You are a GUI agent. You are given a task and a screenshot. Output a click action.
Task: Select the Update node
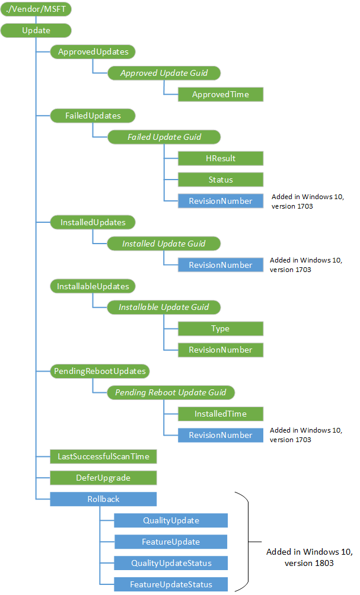pos(36,30)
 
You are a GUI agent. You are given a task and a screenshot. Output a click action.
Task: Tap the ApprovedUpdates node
pos(93,52)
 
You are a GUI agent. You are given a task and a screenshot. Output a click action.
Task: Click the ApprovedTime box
pos(220,94)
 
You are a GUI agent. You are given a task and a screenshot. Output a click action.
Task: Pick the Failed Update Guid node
pos(164,137)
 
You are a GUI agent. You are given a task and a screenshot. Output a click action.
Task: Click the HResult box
pos(220,158)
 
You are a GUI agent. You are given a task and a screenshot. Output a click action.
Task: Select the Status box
pos(220,180)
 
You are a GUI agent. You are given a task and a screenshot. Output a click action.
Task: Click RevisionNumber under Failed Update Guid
pos(220,201)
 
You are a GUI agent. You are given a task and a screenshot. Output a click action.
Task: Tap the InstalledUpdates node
pos(93,222)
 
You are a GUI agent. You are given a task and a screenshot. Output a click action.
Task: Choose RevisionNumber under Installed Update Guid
pos(220,265)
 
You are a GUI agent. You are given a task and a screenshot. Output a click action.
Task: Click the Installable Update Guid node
pos(164,308)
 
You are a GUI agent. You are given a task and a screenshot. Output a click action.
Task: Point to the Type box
pos(220,329)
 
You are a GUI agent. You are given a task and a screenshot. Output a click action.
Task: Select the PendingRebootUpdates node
pos(100,372)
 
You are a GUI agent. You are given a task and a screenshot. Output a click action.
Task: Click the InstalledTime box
pos(220,414)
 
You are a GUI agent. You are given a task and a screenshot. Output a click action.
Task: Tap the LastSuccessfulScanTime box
pos(103,456)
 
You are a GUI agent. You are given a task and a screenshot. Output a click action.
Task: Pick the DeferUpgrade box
pos(103,478)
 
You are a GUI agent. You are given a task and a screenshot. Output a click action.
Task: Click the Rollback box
pos(103,499)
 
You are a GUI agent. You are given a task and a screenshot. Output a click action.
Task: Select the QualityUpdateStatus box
pos(171,562)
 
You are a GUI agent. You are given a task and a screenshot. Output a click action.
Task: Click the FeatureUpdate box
pos(171,542)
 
